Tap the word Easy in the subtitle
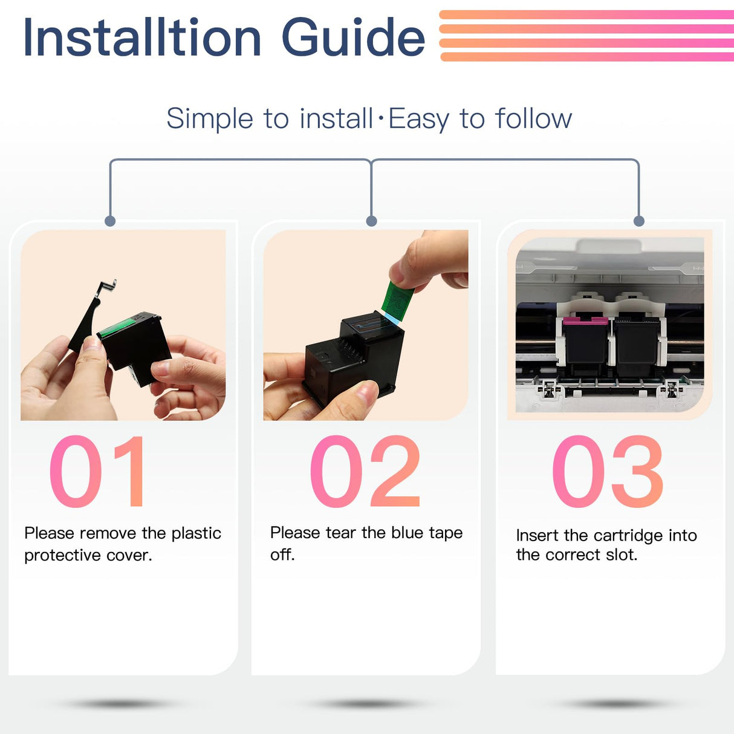click(x=418, y=119)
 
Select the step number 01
click(x=97, y=471)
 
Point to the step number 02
click(x=365, y=471)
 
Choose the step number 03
click(x=608, y=471)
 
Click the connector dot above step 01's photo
click(x=109, y=221)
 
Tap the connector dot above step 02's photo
click(x=371, y=221)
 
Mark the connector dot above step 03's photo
click(x=639, y=221)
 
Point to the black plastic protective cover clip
click(x=90, y=316)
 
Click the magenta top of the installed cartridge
click(x=585, y=320)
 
